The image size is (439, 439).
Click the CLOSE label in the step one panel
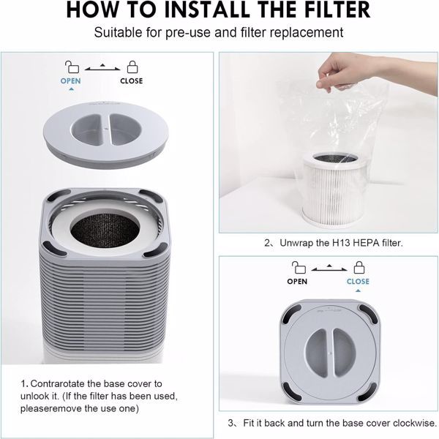point(132,81)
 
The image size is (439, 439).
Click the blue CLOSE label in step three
point(358,281)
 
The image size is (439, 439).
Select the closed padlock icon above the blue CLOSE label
point(358,266)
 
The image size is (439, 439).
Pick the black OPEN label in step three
point(297,281)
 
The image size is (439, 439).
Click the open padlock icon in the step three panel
point(297,266)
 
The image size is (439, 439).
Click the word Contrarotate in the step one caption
point(61,383)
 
